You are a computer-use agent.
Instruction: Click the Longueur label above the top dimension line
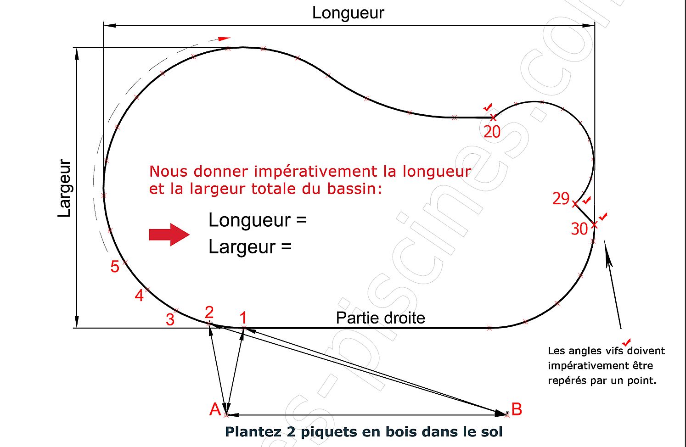tap(348, 13)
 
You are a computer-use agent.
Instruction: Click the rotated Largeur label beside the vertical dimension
tap(65, 188)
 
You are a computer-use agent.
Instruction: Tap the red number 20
tap(492, 132)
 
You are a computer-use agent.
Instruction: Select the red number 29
tap(561, 198)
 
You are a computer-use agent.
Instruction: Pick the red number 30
tap(579, 229)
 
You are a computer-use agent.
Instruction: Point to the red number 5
tap(115, 266)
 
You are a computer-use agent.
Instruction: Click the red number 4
tap(139, 296)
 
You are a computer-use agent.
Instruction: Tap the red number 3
tap(170, 319)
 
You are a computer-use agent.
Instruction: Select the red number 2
tap(209, 312)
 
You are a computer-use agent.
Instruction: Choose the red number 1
tap(243, 317)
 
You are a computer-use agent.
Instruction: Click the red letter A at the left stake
tap(215, 409)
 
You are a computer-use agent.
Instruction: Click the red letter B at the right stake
tap(517, 409)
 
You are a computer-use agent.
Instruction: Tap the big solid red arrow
tap(169, 235)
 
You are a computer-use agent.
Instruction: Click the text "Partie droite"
tap(380, 318)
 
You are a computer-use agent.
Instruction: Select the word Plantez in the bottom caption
tap(253, 432)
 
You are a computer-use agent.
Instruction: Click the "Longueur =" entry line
tap(257, 220)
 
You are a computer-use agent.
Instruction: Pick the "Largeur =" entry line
tap(250, 247)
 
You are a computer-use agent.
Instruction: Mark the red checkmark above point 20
tap(488, 107)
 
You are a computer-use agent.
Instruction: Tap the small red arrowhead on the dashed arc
tap(224, 39)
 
